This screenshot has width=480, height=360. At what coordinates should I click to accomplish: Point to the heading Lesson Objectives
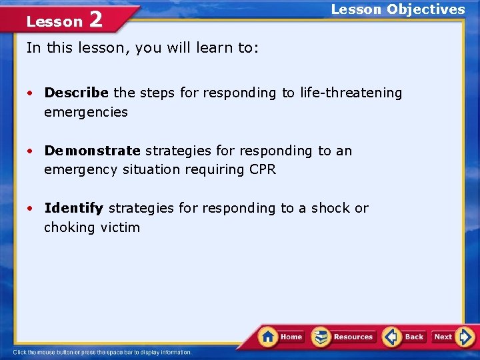[398, 9]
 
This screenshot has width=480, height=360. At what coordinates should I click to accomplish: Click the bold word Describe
[76, 93]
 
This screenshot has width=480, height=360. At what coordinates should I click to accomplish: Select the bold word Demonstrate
[92, 151]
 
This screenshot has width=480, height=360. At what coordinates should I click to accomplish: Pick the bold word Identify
[73, 208]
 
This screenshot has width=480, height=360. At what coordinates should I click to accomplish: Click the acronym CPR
[263, 169]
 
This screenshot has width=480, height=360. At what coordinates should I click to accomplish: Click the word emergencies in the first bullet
[85, 112]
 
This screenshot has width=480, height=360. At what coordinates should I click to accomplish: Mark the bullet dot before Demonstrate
[31, 151]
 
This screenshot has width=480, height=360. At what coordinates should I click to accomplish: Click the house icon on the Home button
[268, 336]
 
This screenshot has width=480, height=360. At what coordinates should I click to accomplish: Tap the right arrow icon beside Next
[466, 337]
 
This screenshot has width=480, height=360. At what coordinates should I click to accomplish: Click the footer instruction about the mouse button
[102, 352]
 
